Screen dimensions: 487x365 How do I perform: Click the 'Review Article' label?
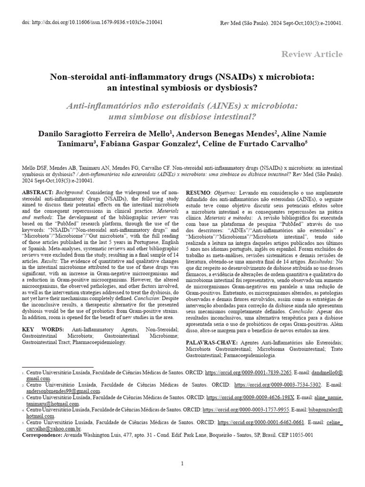pyautogui.click(x=311, y=54)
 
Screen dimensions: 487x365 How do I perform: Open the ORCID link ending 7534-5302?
pyautogui.click(x=278, y=384)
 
